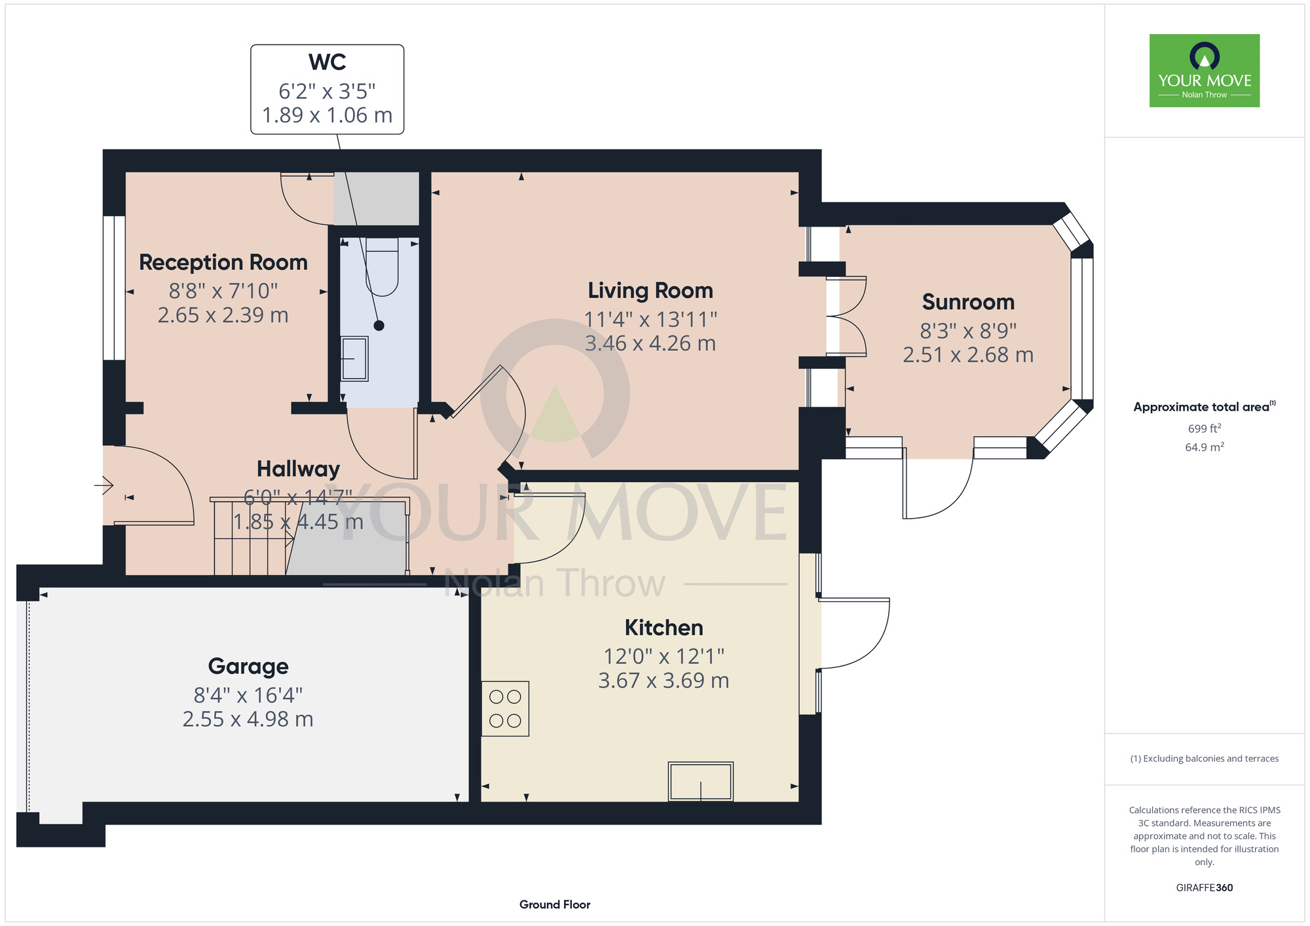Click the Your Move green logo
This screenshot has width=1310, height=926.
(x=1204, y=71)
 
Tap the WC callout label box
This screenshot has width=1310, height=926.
(x=327, y=90)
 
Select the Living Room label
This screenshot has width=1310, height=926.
(x=650, y=290)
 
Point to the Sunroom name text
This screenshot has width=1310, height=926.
(x=968, y=302)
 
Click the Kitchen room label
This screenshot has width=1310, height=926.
(x=664, y=627)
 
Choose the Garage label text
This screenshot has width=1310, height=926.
(x=248, y=666)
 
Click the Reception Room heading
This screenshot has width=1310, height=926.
(x=223, y=263)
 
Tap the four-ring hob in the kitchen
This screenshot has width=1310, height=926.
(x=505, y=709)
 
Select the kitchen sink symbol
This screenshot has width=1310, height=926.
(x=700, y=781)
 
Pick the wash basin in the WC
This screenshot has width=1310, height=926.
(x=354, y=359)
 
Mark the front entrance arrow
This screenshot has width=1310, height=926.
(x=104, y=485)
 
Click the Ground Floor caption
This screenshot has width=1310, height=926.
(x=555, y=904)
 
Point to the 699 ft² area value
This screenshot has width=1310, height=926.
(x=1205, y=428)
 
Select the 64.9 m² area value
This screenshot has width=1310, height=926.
(x=1205, y=447)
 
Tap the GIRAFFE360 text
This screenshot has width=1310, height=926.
(x=1205, y=888)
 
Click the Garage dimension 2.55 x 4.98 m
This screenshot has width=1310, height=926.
(x=248, y=719)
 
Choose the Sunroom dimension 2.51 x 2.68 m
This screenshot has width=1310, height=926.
(x=968, y=355)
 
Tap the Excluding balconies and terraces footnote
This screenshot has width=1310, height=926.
(x=1205, y=758)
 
